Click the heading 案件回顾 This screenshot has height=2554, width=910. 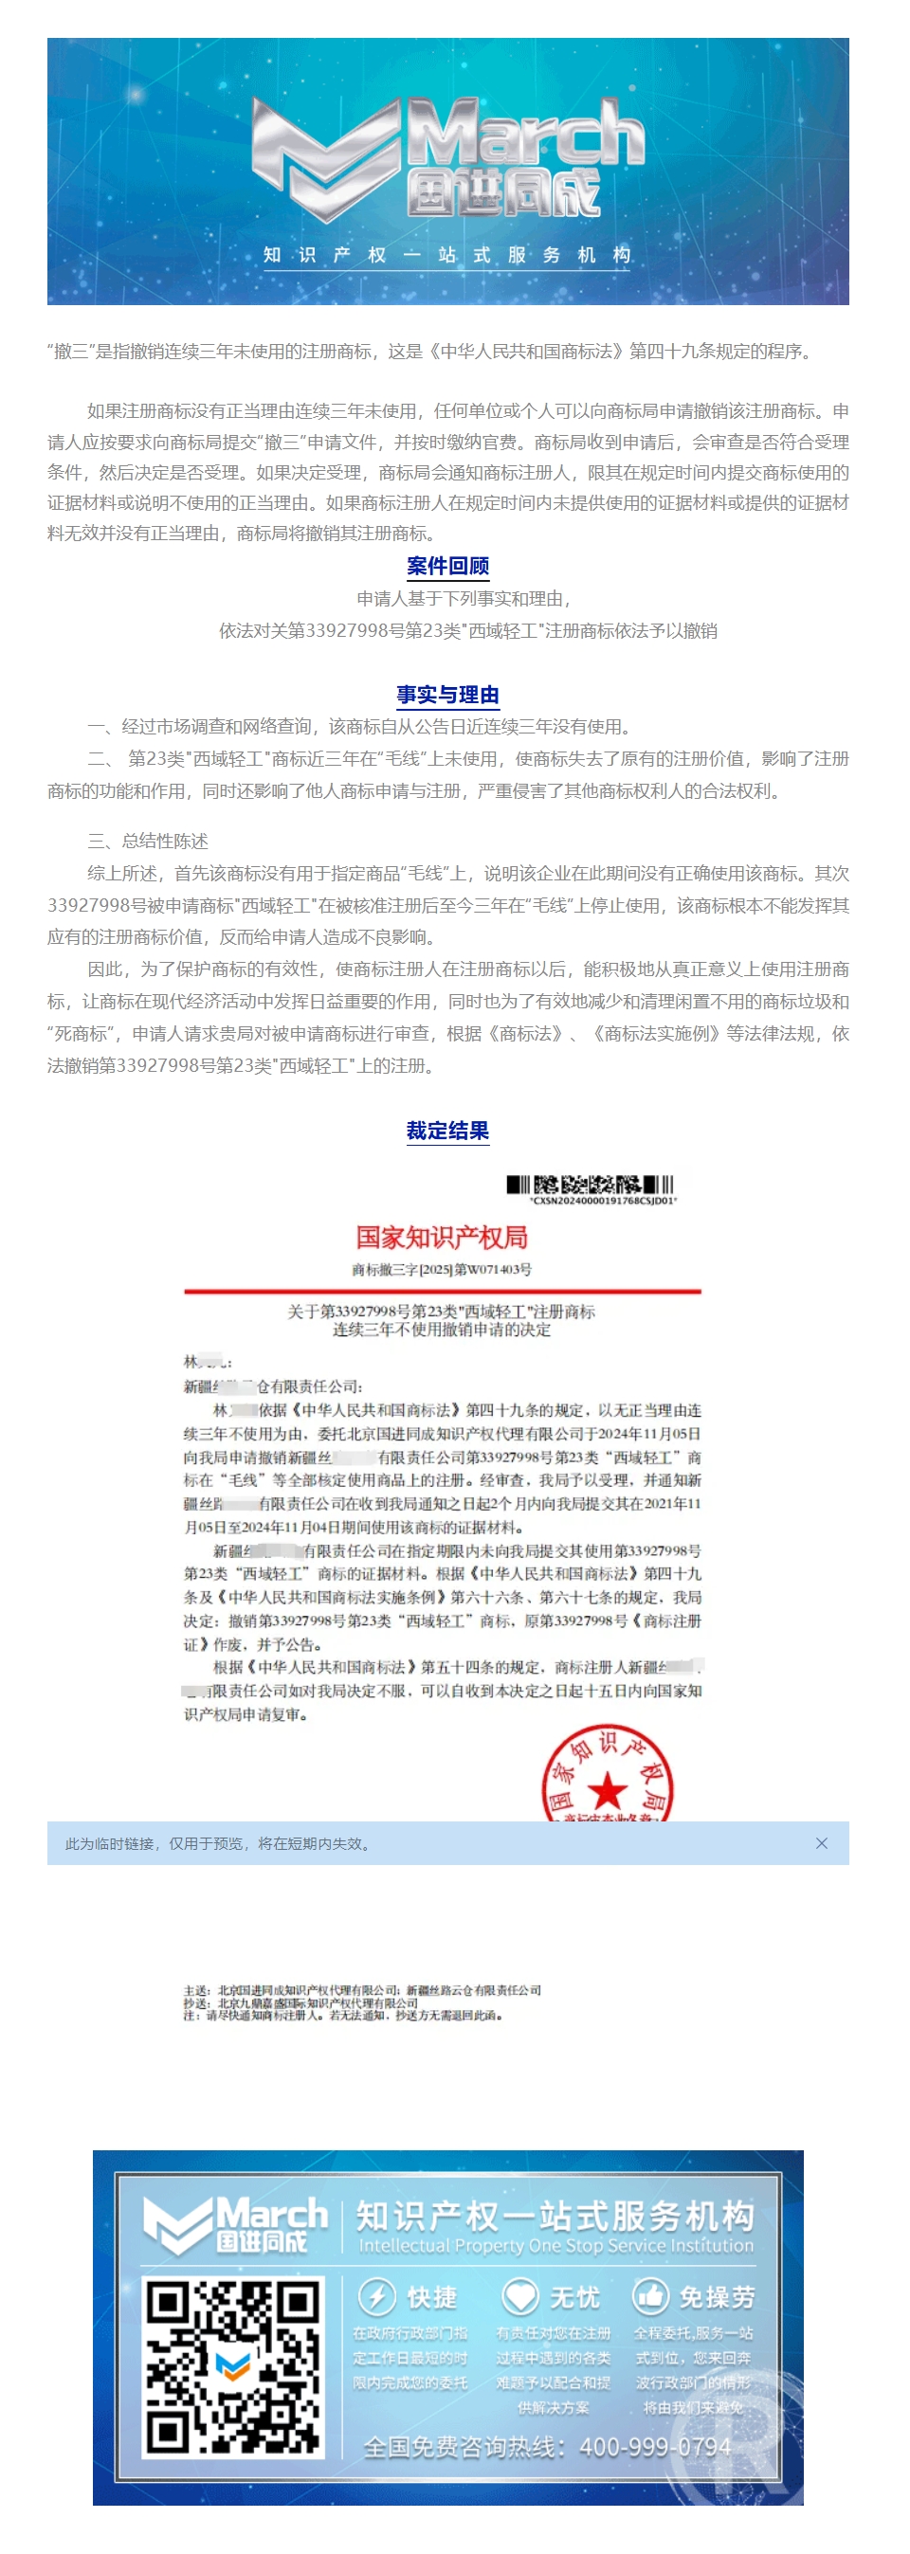[447, 566]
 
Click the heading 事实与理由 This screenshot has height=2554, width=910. [447, 695]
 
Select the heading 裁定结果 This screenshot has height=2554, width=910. [447, 1131]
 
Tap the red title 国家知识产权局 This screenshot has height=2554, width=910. [441, 1238]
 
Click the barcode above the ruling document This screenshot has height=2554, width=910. [590, 1184]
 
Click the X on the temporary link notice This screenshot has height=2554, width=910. [821, 1843]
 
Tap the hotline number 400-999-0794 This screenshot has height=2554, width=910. [655, 2447]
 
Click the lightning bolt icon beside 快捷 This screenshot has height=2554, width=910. [376, 2296]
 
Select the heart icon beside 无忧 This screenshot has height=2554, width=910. [519, 2296]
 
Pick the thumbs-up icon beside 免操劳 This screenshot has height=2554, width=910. [650, 2296]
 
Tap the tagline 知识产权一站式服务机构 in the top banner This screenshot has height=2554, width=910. [447, 255]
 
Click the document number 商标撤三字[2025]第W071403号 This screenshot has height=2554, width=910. [441, 1269]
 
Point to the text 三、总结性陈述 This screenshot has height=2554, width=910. [148, 841]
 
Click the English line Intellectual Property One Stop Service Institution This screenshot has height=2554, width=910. [555, 2246]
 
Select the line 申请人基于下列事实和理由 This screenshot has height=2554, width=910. [464, 599]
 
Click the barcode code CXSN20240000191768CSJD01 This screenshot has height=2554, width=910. [604, 1201]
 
